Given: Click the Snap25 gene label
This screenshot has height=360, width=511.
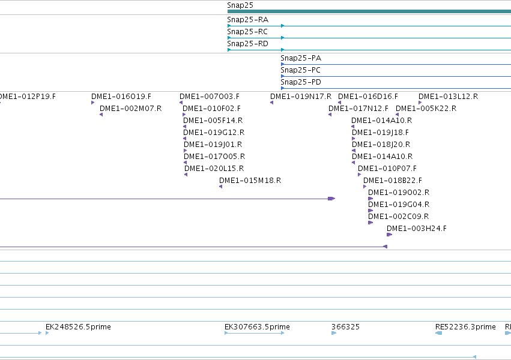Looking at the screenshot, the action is click(x=240, y=5).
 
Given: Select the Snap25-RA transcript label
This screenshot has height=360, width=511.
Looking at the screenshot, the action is click(x=247, y=20).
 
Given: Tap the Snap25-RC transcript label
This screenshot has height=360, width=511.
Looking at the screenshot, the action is click(x=247, y=32).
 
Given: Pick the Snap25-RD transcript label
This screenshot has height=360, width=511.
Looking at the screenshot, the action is click(x=247, y=44).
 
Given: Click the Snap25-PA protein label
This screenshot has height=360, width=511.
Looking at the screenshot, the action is click(x=301, y=58).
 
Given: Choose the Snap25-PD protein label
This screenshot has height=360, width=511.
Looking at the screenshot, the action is click(x=301, y=82).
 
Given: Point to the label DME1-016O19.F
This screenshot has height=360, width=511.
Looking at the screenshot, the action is click(x=121, y=97).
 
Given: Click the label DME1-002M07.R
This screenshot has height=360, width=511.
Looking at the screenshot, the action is click(x=131, y=109).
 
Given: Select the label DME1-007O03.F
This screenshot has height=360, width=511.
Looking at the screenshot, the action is click(x=210, y=97).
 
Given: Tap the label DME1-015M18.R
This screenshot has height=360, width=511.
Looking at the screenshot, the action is click(x=250, y=181).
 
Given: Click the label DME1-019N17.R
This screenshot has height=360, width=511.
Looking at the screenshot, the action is click(x=301, y=97).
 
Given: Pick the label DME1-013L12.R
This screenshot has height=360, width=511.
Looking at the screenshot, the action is click(x=448, y=97).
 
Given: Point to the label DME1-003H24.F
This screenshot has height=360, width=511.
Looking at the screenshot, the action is click(x=417, y=229).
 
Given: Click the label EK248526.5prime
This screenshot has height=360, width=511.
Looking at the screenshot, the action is click(x=78, y=327).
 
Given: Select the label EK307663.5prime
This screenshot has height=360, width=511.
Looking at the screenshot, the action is click(x=257, y=327).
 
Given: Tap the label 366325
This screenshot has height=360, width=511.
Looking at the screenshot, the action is click(x=345, y=327).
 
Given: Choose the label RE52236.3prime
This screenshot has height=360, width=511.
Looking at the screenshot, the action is click(x=465, y=327).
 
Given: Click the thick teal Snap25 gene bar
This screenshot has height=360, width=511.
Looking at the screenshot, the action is click(x=369, y=12).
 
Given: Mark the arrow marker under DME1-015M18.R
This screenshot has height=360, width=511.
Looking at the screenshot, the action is click(x=220, y=187).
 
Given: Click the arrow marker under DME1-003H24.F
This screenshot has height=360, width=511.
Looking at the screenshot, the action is click(x=390, y=235).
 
